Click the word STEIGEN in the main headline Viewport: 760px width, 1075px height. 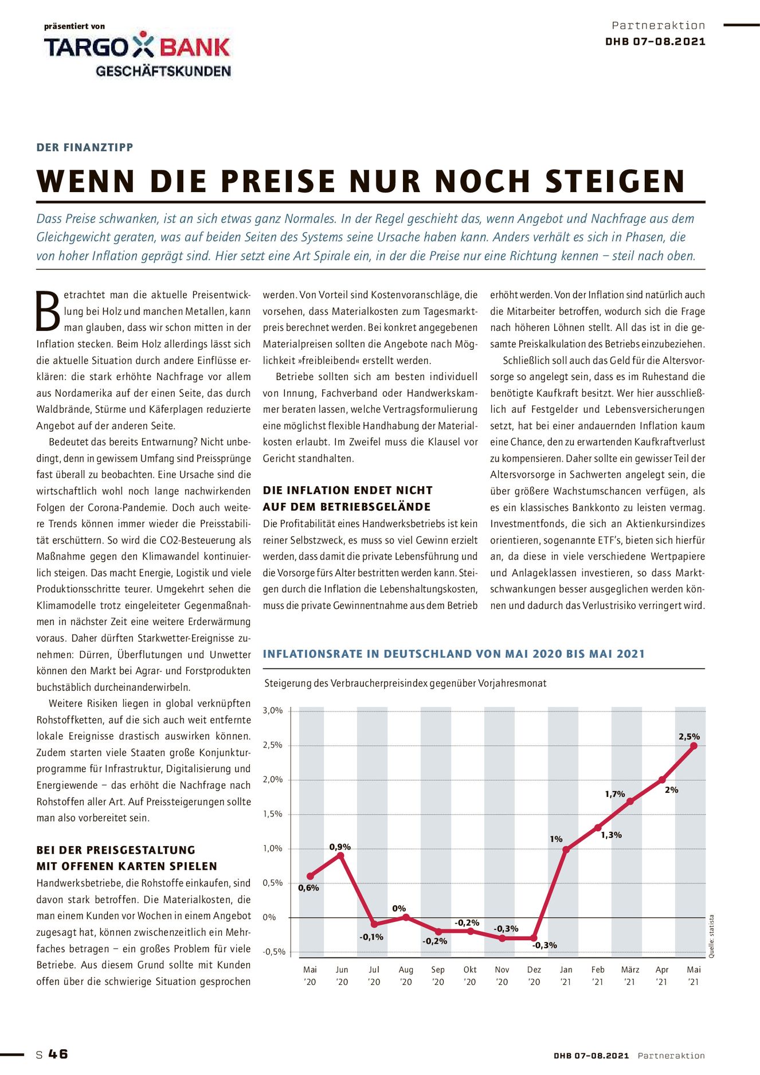[615, 181]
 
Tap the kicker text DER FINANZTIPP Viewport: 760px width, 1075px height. [85, 147]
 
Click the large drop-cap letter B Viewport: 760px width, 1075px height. [48, 311]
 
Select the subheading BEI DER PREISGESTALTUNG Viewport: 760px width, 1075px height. [116, 850]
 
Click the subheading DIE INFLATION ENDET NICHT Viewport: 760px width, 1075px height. [347, 490]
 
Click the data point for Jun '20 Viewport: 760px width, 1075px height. [342, 855]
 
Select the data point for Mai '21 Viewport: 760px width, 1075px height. [694, 745]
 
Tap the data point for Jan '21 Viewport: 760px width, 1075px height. [566, 849]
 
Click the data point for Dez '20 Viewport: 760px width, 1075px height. [534, 938]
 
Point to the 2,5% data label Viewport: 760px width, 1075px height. [689, 737]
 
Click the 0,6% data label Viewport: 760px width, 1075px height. [308, 888]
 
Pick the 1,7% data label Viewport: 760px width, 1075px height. [615, 794]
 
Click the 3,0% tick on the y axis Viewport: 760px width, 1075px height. [273, 710]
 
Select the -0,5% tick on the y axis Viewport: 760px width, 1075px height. [274, 952]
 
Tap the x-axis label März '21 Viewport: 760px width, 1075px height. [630, 975]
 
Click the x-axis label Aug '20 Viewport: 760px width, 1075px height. [406, 975]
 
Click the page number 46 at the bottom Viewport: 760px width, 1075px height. [58, 1054]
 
